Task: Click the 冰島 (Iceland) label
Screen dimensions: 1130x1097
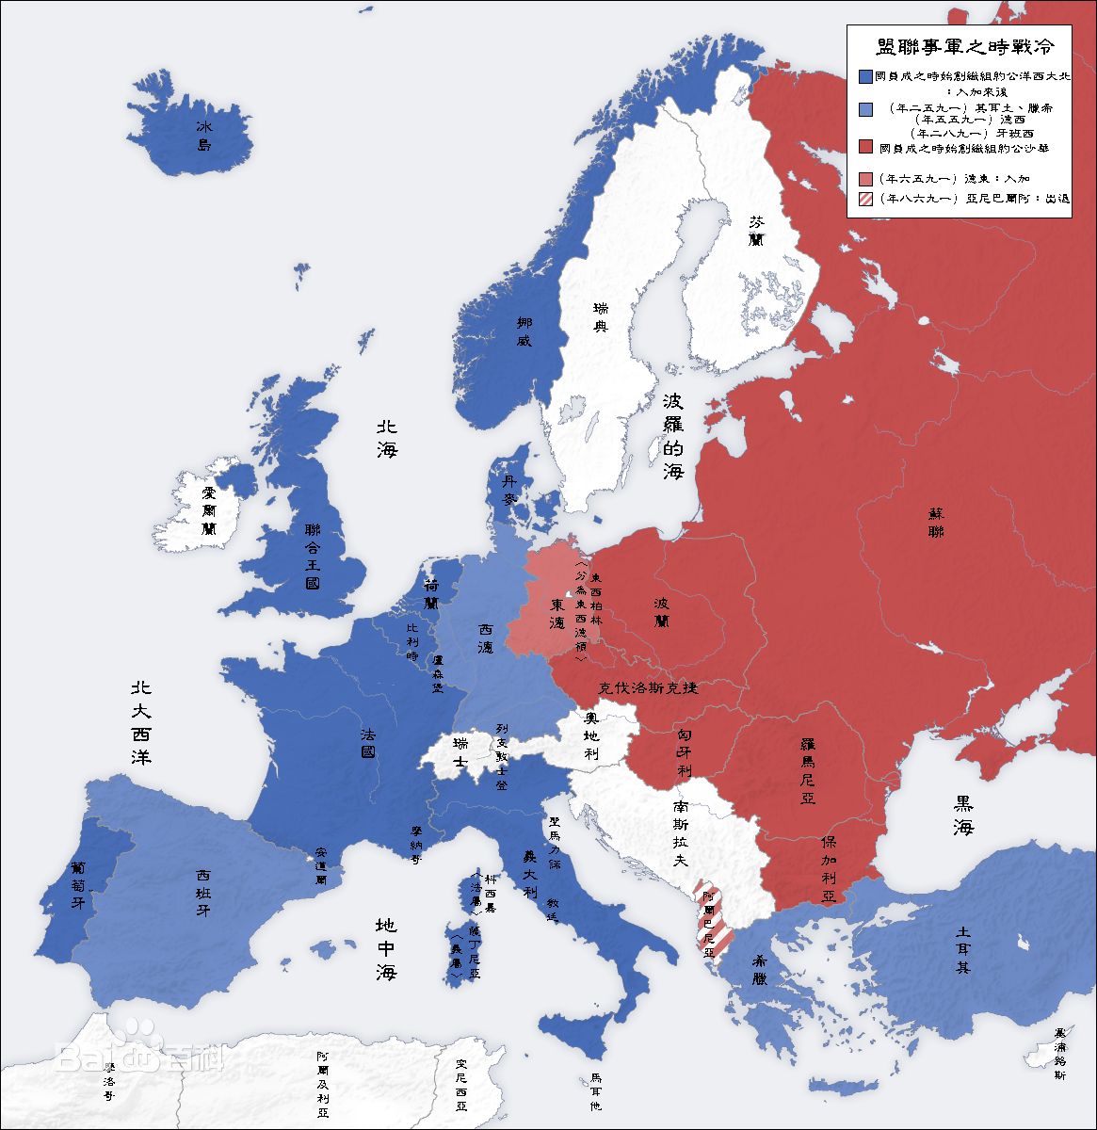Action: click(x=204, y=136)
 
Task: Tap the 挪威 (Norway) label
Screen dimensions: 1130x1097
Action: click(x=524, y=331)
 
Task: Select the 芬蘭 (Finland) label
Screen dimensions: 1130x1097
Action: click(x=756, y=231)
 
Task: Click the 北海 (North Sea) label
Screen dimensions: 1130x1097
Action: click(x=387, y=438)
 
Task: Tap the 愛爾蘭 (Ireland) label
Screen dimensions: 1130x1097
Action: click(x=209, y=510)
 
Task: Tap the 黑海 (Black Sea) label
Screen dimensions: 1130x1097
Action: click(x=962, y=815)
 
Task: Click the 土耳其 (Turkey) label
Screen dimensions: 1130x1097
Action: click(x=961, y=949)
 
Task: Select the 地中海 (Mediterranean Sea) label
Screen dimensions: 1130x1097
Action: click(x=386, y=949)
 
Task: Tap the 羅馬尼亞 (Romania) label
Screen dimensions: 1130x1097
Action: click(x=807, y=769)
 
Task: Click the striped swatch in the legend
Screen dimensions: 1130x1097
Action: click(x=865, y=199)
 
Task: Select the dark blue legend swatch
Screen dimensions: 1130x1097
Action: click(x=865, y=76)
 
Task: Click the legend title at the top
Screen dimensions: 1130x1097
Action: click(x=958, y=45)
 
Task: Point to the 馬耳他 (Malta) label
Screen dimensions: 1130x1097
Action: click(x=595, y=1092)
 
